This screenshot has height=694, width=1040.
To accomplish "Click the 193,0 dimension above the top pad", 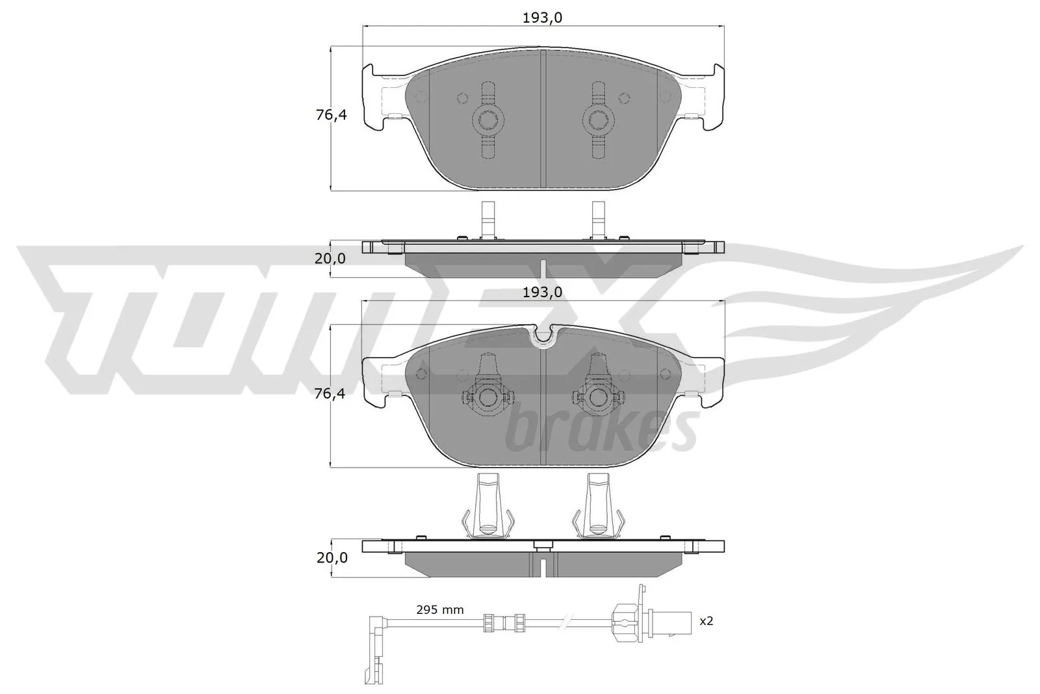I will [542, 18].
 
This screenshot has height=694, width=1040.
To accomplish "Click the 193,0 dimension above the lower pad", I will [542, 292].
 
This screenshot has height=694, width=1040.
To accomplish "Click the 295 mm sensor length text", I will [440, 609].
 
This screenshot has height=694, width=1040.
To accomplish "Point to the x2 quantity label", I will [706, 621].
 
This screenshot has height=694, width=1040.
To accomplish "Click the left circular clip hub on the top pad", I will [487, 119].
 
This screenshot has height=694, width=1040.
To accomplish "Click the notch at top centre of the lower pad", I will [543, 335].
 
